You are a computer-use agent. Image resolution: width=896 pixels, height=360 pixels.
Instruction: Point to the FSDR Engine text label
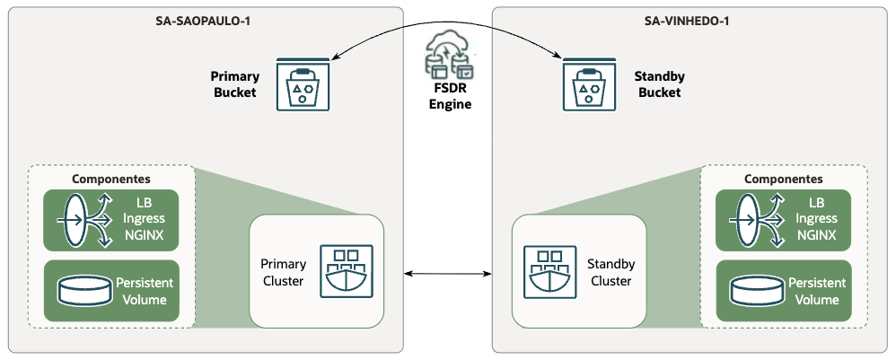click(448, 96)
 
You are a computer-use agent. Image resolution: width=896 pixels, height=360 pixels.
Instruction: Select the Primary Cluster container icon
click(346, 271)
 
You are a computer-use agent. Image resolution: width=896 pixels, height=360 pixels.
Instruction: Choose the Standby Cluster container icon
click(549, 271)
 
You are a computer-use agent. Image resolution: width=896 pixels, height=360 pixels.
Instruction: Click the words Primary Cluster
click(283, 272)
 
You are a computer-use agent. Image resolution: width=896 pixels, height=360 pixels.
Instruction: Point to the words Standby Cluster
click(611, 272)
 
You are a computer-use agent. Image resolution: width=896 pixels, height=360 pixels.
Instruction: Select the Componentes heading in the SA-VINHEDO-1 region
click(783, 179)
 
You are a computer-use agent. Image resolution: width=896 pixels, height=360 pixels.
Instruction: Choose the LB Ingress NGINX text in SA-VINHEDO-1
click(815, 218)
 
